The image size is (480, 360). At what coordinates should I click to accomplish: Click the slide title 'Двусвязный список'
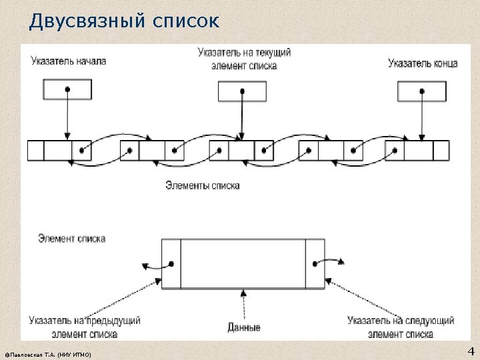point(123,22)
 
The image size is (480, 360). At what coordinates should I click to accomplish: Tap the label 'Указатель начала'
point(68,61)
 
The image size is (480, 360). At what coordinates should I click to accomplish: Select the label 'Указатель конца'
point(423,63)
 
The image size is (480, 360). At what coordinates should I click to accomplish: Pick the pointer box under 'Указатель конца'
point(422,91)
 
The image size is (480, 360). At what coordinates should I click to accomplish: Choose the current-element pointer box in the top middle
point(243,91)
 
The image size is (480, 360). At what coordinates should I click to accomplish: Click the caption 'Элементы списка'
point(203,185)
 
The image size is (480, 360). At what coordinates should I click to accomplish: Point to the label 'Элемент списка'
point(71,238)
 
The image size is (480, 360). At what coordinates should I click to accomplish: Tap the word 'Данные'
point(244,327)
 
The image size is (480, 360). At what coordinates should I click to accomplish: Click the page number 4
point(471,351)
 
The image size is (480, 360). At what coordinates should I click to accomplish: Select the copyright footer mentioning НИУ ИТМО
point(47,353)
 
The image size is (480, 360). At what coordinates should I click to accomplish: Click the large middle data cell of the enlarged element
point(243,264)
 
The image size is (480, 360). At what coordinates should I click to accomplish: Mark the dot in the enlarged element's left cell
point(171,264)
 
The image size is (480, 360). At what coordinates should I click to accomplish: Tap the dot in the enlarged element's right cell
point(315,263)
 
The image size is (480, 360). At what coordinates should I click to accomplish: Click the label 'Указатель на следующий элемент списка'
point(400,327)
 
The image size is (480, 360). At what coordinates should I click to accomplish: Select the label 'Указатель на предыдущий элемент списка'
point(85,327)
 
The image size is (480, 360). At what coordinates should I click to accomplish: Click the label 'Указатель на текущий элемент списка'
point(244,59)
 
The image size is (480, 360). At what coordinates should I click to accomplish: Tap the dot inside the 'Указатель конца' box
point(422,91)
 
